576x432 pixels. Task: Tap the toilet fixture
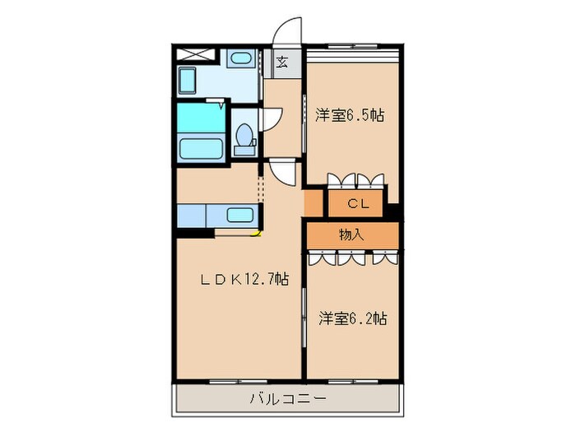244,138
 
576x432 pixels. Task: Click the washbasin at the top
240,58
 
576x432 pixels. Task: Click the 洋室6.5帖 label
349,116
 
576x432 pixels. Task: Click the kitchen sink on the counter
240,216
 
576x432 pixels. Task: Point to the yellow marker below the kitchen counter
256,234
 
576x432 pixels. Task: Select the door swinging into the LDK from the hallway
281,173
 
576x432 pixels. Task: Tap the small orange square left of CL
314,202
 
